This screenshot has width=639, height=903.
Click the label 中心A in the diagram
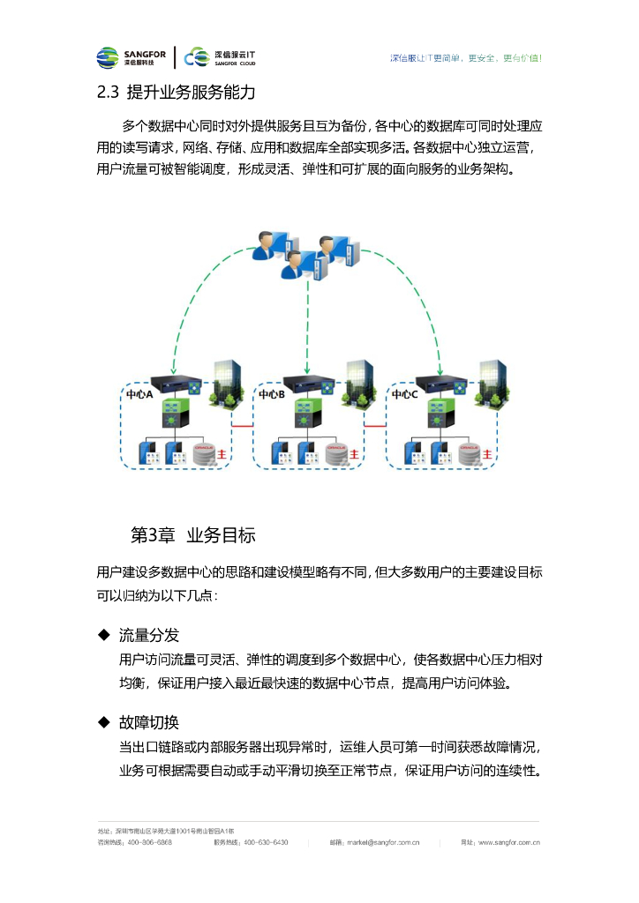[x=139, y=395]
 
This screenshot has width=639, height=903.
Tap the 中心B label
[x=271, y=395]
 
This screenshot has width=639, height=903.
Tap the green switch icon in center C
[x=438, y=410]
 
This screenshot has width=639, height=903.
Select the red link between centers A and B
[x=242, y=426]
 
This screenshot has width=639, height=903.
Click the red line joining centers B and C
[x=376, y=426]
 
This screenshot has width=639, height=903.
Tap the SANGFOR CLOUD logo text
[x=234, y=58]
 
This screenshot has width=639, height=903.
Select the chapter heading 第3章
[x=151, y=534]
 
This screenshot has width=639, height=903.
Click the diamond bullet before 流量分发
[x=102, y=636]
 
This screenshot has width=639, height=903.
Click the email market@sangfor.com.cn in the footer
[x=383, y=842]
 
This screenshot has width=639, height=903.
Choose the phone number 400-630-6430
[x=265, y=842]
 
